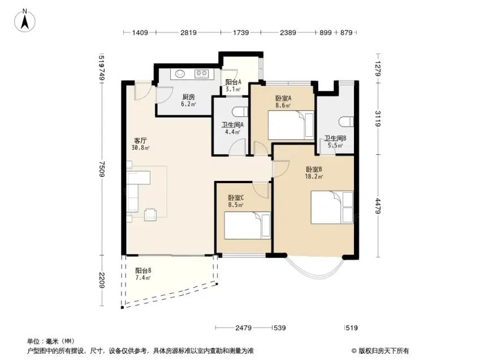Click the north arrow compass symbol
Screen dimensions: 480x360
tap(25, 21)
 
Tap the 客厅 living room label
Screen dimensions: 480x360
tap(141, 141)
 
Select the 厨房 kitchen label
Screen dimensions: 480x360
tap(188, 97)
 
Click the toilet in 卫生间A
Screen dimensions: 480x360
tap(240, 112)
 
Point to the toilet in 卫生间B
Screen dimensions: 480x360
tap(346, 122)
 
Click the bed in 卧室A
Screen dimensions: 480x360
tap(291, 125)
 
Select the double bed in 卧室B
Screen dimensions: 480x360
tap(332, 207)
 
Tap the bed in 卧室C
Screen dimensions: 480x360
tap(247, 225)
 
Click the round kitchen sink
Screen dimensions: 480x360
tap(180, 73)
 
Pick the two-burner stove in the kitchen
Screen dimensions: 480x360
tap(201, 73)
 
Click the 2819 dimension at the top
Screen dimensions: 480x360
tap(188, 32)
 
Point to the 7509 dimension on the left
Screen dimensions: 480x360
tap(102, 169)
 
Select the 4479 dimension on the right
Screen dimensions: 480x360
tap(378, 206)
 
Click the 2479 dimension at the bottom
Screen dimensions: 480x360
tap(243, 328)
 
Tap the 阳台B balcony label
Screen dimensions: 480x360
tap(143, 271)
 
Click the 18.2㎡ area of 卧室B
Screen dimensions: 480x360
tap(314, 176)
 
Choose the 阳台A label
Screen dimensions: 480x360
tap(233, 82)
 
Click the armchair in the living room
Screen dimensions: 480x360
tap(150, 214)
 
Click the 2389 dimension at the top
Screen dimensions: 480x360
tap(288, 32)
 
